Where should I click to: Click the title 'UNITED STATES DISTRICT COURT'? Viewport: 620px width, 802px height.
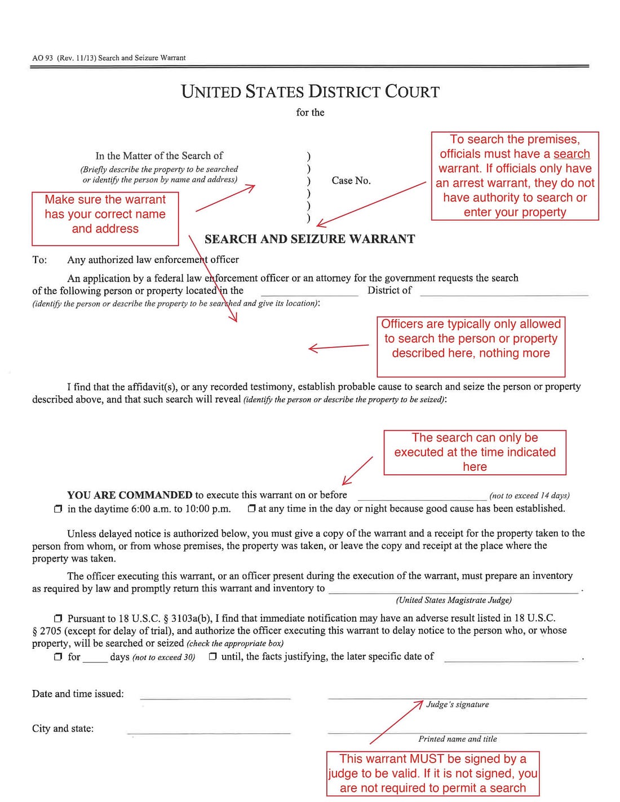point(310,92)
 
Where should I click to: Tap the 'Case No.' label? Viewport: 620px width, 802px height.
point(351,181)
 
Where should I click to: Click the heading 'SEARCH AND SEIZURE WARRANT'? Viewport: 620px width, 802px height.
point(309,239)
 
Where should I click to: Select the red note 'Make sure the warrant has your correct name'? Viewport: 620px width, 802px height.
point(105,215)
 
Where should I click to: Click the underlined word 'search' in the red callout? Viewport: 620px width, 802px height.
point(572,154)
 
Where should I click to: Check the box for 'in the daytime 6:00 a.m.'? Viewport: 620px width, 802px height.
point(58,509)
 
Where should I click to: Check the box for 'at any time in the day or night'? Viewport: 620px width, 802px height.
point(251,509)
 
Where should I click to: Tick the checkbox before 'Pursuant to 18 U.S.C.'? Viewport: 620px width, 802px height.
point(58,618)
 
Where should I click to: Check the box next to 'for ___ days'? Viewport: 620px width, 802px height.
point(58,657)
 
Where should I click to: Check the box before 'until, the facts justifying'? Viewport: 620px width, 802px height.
point(212,657)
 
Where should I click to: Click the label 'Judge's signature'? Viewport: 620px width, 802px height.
point(457,705)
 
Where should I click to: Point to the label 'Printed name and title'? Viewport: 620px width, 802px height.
point(457,739)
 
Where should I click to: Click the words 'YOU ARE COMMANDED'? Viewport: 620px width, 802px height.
point(130,495)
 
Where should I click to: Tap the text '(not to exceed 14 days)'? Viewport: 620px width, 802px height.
point(529,496)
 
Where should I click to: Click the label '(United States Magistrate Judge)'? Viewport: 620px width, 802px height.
point(454,600)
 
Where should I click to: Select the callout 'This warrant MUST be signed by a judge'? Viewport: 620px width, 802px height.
point(432,773)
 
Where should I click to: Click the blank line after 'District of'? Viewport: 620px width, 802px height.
point(504,292)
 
